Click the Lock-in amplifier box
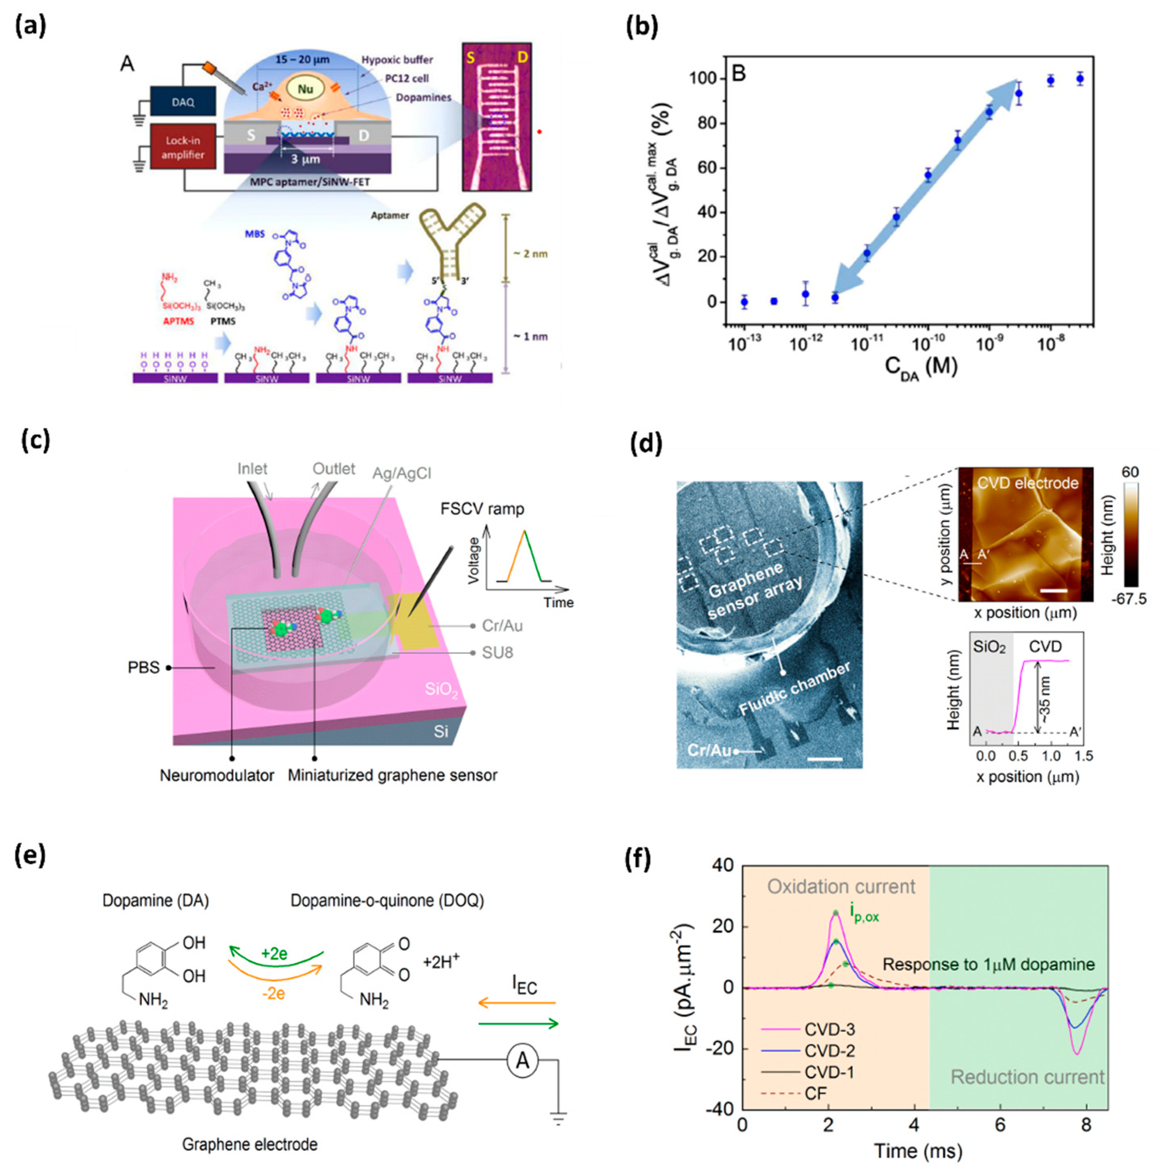(x=183, y=147)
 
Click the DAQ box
(x=183, y=101)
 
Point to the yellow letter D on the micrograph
(x=523, y=57)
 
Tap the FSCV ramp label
(x=482, y=508)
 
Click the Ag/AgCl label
(x=401, y=473)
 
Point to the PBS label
(x=144, y=667)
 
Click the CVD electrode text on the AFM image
(x=1028, y=483)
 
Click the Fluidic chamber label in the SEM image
(x=794, y=689)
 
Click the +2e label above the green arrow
(x=274, y=954)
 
